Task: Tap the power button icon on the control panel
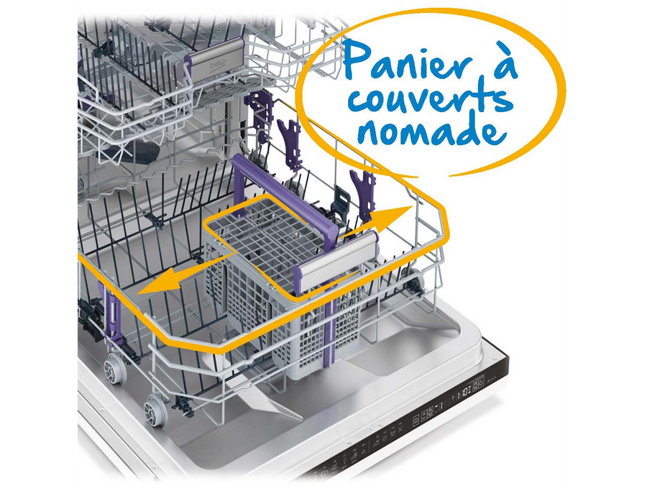[416, 422]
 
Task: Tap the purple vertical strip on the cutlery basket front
[329, 318]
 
